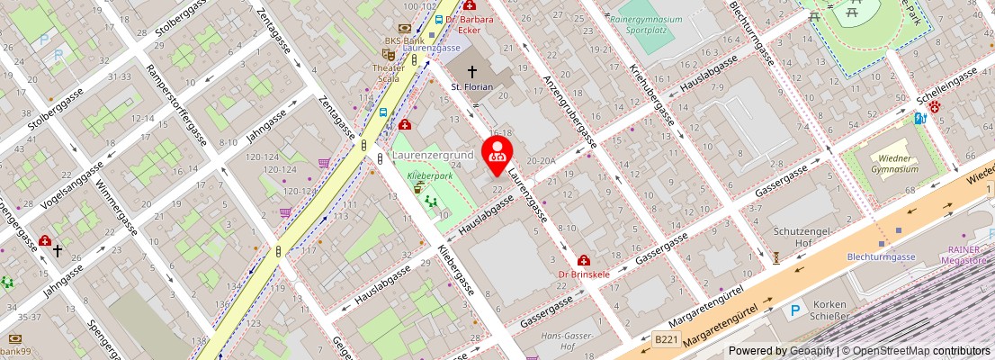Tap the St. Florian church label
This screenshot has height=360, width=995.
point(471,86)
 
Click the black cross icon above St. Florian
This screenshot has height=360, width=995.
point(471,71)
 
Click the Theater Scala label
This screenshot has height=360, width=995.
point(389,73)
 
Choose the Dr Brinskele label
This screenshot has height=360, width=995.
point(583,274)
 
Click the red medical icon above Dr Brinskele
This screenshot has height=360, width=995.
point(584,260)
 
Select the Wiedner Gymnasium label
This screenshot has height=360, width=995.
point(894,163)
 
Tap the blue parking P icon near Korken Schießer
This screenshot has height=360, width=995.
point(795,310)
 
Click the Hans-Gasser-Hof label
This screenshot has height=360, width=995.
point(558,340)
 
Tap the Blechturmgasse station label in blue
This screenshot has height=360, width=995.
point(881,256)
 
